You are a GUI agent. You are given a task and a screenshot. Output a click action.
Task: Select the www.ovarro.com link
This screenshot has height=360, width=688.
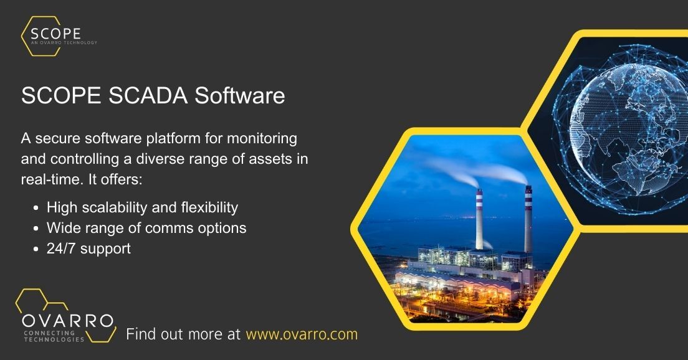[302, 334]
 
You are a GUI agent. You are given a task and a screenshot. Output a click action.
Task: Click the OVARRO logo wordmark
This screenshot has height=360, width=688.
[67, 321]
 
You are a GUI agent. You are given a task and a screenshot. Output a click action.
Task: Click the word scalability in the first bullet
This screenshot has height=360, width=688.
[125, 207]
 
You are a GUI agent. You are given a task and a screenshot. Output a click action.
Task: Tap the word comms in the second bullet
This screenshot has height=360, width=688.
[166, 228]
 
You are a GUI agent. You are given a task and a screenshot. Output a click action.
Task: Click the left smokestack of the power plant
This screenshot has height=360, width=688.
[479, 218]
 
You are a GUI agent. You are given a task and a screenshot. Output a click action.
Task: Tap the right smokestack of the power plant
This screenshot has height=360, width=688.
[528, 215]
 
